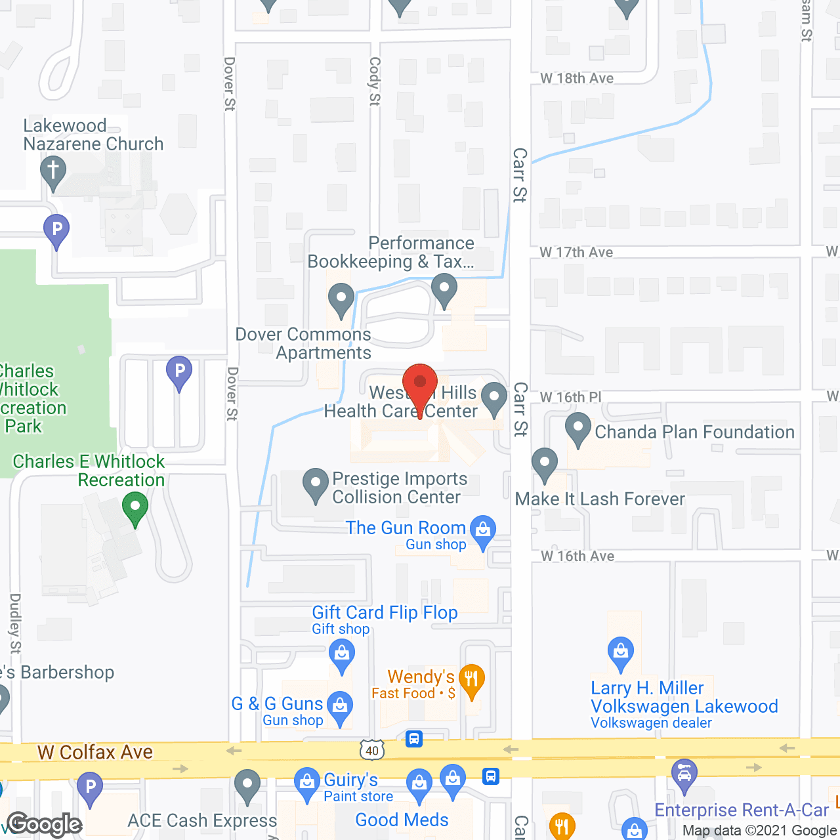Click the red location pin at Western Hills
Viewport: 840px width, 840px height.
[x=419, y=384]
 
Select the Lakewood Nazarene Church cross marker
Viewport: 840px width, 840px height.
[x=53, y=171]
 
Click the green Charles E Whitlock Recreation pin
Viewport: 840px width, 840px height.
[x=135, y=508]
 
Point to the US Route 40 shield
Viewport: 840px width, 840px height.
[x=372, y=749]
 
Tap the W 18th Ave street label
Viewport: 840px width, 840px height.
[x=577, y=79]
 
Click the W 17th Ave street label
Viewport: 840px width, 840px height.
[x=576, y=253]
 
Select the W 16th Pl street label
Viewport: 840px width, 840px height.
[x=570, y=398]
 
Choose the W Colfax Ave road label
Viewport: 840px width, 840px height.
[x=95, y=752]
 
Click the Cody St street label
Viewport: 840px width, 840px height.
[x=375, y=81]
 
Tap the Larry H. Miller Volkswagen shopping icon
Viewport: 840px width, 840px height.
[x=620, y=652]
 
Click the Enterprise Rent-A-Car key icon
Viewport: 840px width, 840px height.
[x=684, y=774]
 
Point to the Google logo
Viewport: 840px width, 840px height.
[x=45, y=824]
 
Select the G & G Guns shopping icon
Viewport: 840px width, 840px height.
[x=340, y=705]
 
